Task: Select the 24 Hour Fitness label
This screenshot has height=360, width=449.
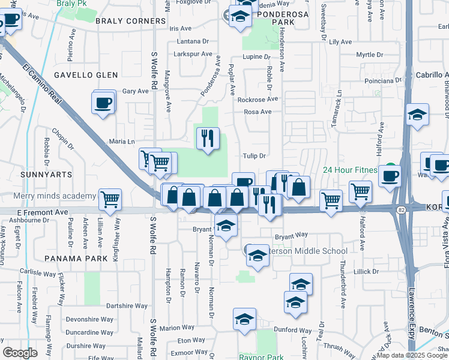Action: point(351,170)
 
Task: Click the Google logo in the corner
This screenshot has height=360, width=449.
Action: point(20,353)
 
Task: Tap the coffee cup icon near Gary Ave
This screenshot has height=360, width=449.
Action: point(103,102)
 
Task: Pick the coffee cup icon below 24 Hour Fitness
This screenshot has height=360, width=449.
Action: point(389,176)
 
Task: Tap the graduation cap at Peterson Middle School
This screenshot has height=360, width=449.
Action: point(257,256)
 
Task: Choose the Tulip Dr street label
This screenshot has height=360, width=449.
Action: point(254,156)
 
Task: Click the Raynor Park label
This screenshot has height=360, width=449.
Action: point(261,357)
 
